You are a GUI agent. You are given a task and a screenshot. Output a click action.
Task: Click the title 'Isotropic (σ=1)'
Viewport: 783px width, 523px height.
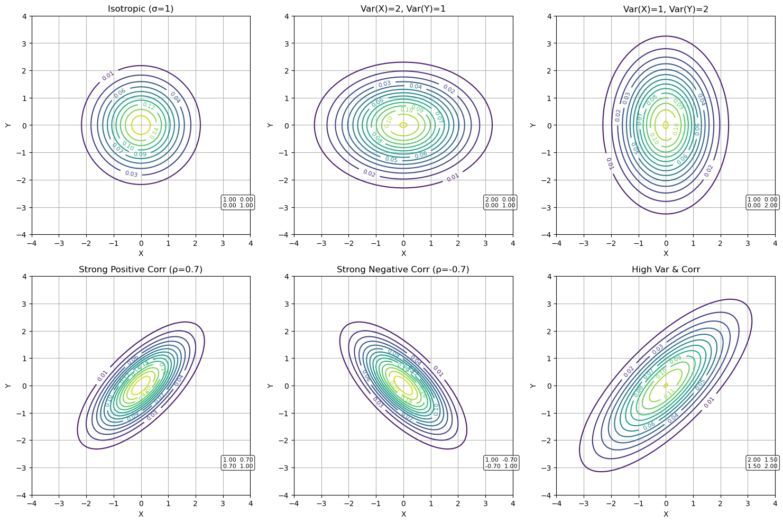pyautogui.click(x=141, y=9)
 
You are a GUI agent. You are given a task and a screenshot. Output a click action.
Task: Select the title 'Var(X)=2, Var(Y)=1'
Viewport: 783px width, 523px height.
pyautogui.click(x=403, y=9)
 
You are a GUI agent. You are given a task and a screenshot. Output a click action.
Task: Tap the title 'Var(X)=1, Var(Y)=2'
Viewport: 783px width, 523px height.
pyautogui.click(x=666, y=9)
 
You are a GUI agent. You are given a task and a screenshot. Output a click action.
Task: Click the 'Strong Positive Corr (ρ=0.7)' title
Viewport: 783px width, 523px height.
pyautogui.click(x=141, y=270)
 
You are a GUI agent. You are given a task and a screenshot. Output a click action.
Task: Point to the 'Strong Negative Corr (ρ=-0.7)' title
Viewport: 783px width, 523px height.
pyautogui.click(x=403, y=270)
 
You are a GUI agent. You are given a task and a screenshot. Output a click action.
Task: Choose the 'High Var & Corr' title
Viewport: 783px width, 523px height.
pyautogui.click(x=666, y=270)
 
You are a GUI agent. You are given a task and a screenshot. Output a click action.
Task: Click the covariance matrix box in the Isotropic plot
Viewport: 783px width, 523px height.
pyautogui.click(x=238, y=203)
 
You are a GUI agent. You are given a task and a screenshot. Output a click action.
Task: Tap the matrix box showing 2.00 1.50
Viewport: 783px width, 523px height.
pyautogui.click(x=762, y=463)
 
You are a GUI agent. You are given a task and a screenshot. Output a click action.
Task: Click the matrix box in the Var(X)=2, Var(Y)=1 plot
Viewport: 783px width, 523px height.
pyautogui.click(x=500, y=203)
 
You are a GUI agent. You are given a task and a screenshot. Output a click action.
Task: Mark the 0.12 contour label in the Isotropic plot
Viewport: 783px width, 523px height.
pyautogui.click(x=149, y=106)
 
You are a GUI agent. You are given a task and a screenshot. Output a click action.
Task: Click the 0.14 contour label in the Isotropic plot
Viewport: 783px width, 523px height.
pyautogui.click(x=154, y=133)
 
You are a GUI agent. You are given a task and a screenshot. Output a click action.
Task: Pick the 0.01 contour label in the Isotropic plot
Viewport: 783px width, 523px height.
pyautogui.click(x=108, y=76)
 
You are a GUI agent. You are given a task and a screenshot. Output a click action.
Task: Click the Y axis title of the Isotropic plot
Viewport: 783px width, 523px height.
pyautogui.click(x=8, y=125)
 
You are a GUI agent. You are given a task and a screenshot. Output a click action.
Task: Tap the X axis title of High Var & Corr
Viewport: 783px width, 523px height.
pyautogui.click(x=666, y=514)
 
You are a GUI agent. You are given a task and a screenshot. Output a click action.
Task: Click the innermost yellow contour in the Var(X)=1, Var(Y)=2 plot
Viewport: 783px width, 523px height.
pyautogui.click(x=666, y=125)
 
